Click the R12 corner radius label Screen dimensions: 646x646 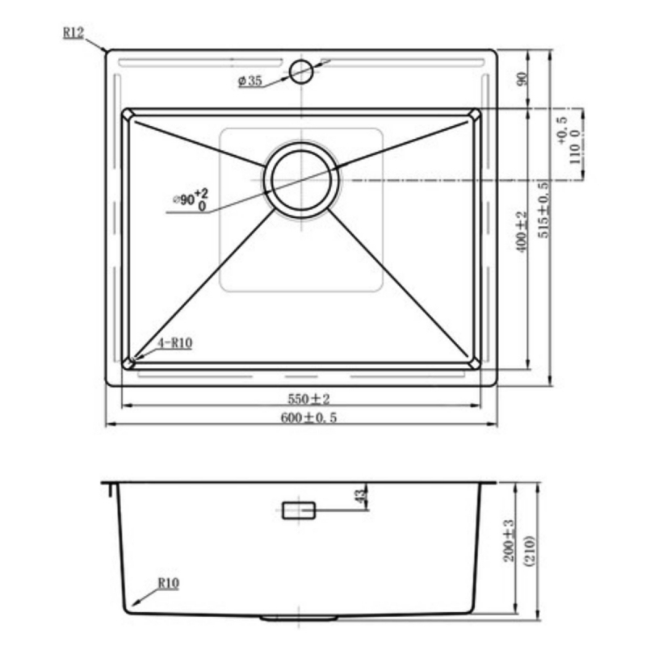click(73, 33)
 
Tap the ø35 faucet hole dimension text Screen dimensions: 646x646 click(250, 81)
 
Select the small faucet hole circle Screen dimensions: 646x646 click(301, 71)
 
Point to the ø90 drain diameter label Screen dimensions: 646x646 click(191, 199)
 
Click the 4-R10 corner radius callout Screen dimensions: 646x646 click(175, 342)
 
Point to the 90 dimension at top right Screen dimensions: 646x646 click(522, 79)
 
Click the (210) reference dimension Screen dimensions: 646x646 click(527, 554)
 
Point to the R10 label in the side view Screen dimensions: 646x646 click(168, 581)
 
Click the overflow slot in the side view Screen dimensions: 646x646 click(299, 510)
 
